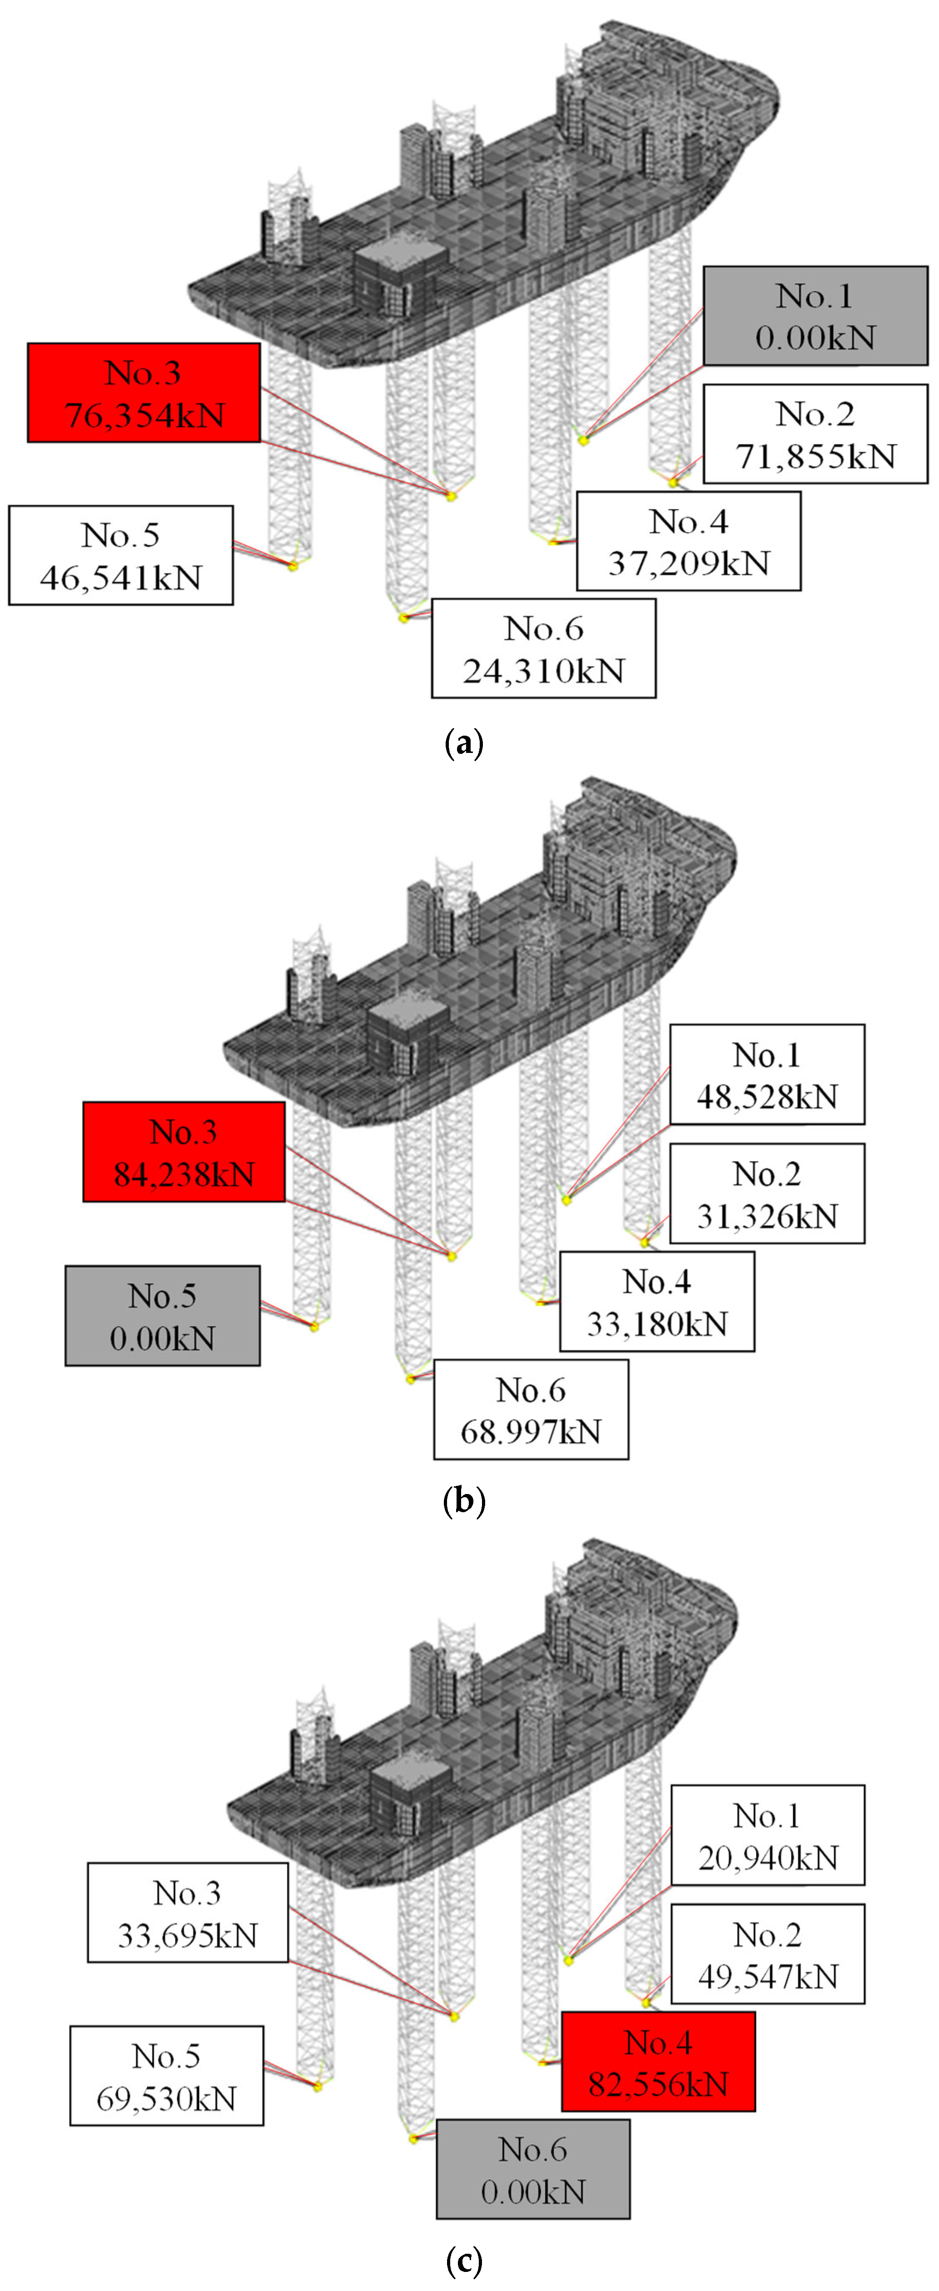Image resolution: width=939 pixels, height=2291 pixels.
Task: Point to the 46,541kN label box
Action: pos(121,556)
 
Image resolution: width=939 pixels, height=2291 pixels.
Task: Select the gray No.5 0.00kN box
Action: pos(163,1316)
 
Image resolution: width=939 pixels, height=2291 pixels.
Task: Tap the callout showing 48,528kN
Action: pos(767,1074)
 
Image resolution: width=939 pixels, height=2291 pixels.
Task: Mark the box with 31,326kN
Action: pos(767,1193)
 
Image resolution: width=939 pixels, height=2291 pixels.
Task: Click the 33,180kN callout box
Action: pos(657,1302)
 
